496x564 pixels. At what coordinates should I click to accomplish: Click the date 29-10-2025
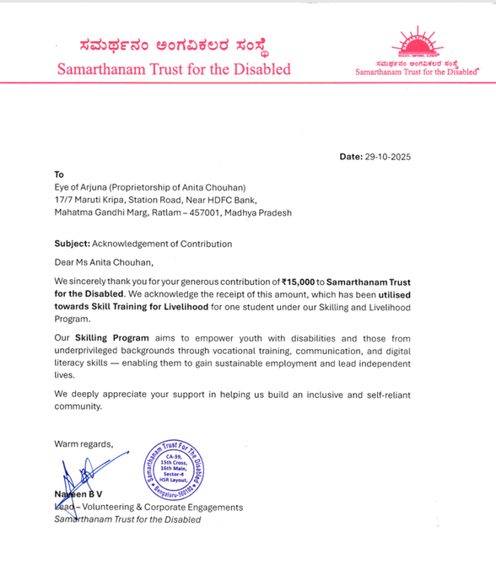click(389, 157)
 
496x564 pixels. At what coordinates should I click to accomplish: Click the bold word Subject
click(71, 244)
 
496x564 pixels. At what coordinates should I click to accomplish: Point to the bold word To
click(59, 175)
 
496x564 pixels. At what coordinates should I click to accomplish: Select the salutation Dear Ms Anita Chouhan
click(105, 262)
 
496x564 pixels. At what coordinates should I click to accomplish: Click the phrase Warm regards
click(83, 443)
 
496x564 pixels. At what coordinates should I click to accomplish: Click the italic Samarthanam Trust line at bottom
click(127, 519)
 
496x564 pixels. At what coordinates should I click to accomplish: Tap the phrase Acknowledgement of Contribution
click(162, 244)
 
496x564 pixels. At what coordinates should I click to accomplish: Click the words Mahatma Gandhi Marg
click(97, 213)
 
